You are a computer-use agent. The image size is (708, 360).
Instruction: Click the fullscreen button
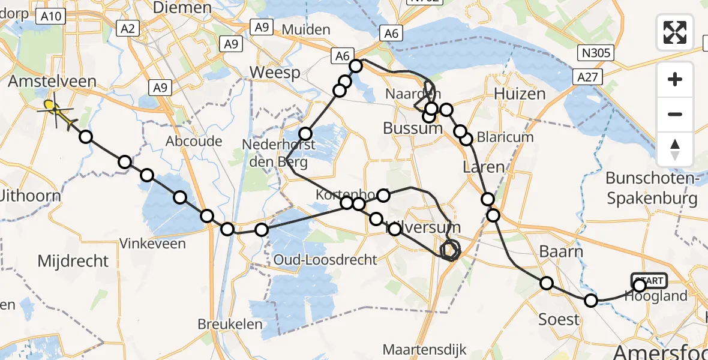pyautogui.click(x=675, y=32)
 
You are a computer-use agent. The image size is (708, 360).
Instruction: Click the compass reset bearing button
pyautogui.click(x=675, y=149)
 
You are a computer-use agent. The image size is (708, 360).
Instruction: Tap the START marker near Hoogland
pyautogui.click(x=649, y=281)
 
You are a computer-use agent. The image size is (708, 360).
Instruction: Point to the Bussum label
pyautogui.click(x=413, y=128)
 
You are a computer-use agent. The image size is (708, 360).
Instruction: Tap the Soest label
pyautogui.click(x=559, y=319)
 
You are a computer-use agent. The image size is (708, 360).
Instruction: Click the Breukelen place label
pyautogui.click(x=230, y=324)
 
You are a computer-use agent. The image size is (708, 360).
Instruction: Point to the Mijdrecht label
pyautogui.click(x=73, y=261)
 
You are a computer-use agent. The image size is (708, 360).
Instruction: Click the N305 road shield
pyautogui.click(x=595, y=53)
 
